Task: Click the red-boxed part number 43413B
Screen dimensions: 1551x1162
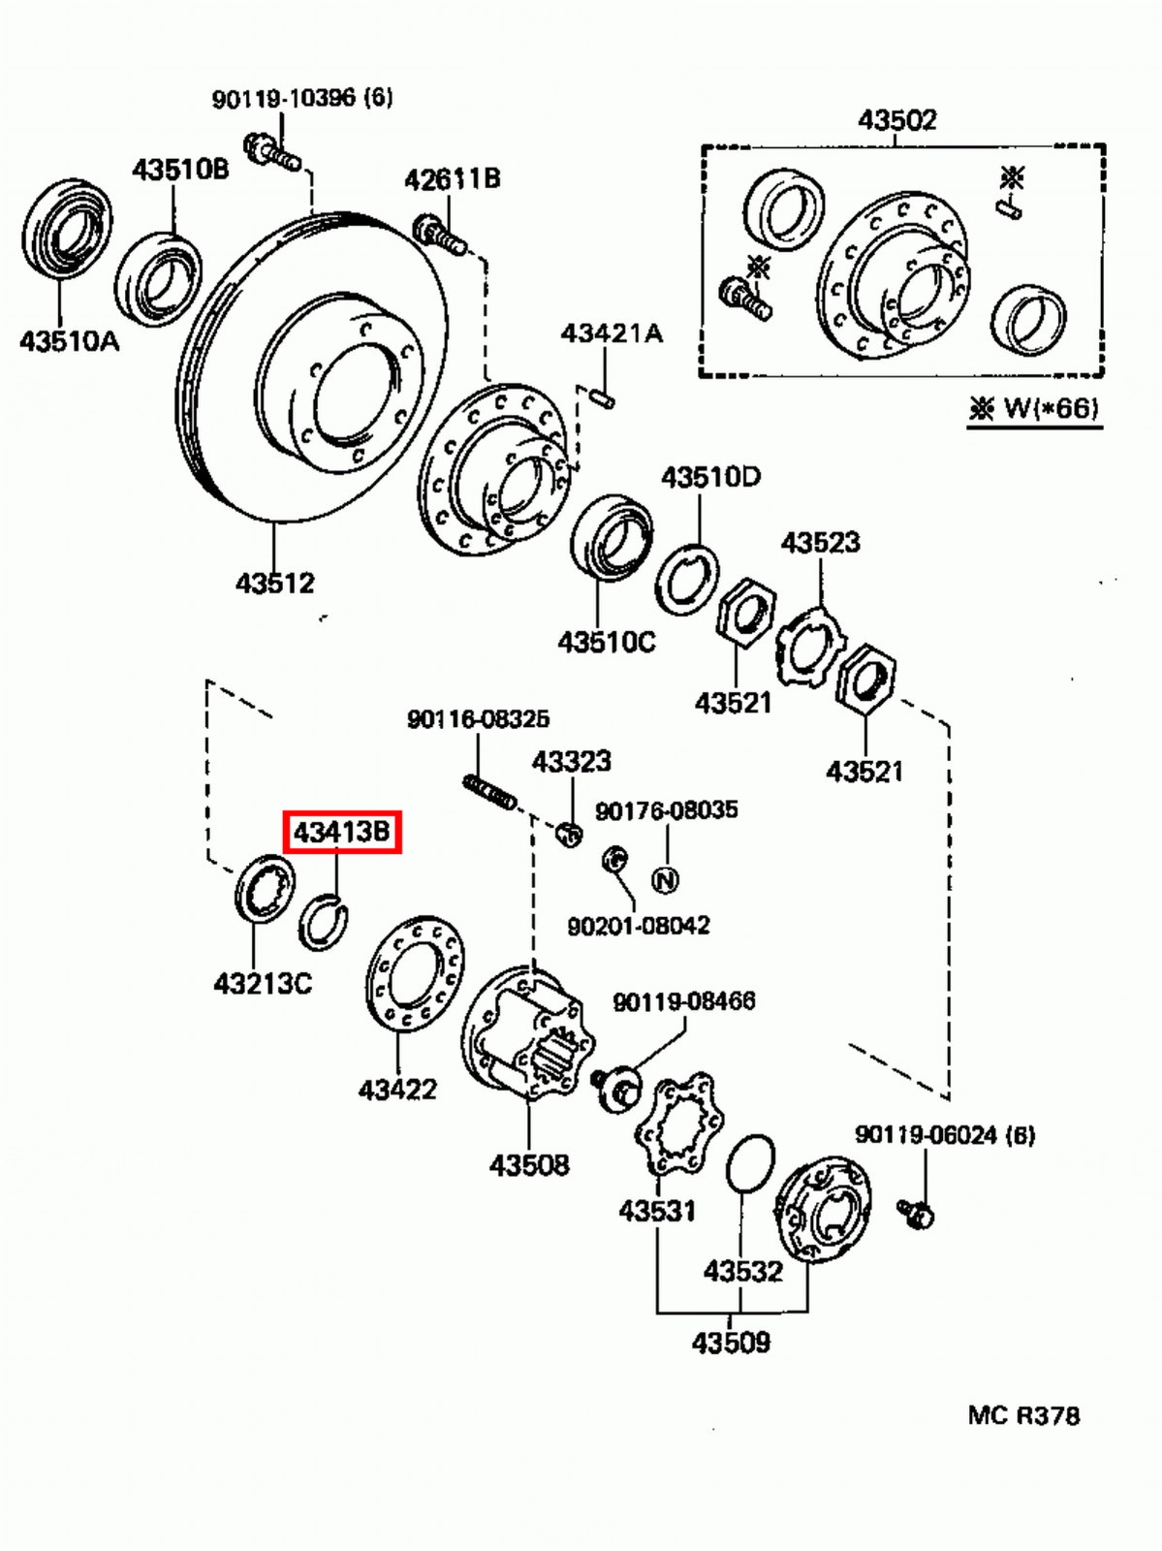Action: [x=341, y=832]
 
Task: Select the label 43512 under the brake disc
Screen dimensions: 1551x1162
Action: [x=275, y=583]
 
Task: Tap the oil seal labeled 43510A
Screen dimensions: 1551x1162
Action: [x=66, y=229]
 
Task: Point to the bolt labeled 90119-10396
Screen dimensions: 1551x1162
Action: [x=271, y=153]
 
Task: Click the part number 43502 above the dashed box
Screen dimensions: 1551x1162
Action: [x=896, y=119]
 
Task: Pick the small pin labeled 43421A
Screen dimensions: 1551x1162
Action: [x=602, y=396]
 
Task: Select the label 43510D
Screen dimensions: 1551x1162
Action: [x=710, y=477]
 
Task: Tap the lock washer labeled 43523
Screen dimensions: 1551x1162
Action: [x=810, y=645]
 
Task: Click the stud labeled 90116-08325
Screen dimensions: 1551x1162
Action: [x=489, y=791]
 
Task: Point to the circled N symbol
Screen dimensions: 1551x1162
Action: [x=665, y=880]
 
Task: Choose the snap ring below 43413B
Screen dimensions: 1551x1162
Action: [x=323, y=924]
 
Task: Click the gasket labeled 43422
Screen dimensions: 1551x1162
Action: [x=415, y=972]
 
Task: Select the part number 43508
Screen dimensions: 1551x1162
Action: [x=529, y=1164]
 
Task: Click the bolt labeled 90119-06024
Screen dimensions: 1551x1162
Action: [x=916, y=1213]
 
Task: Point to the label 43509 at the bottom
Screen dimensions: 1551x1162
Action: [x=731, y=1343]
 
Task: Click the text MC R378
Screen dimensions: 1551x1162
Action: [x=1022, y=1415]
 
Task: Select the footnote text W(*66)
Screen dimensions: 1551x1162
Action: [x=1049, y=408]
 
